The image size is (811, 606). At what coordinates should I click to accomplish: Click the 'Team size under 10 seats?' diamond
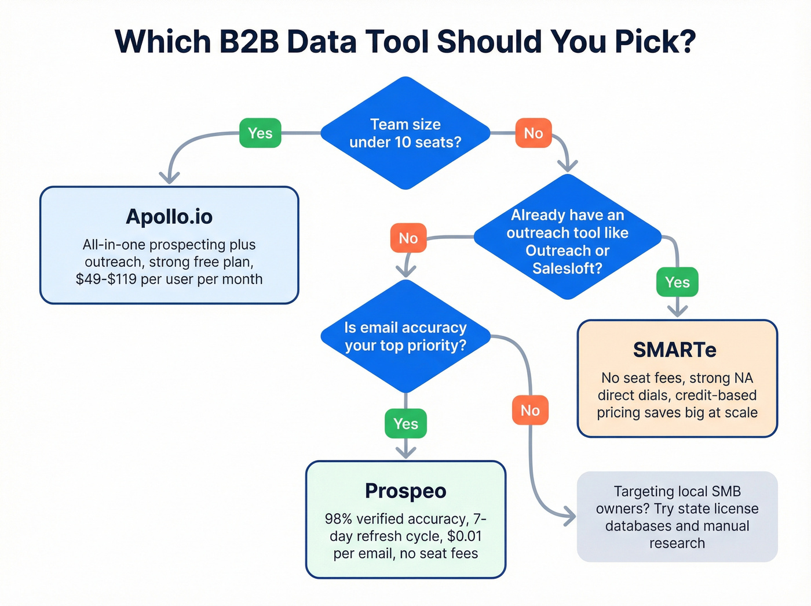pos(405,133)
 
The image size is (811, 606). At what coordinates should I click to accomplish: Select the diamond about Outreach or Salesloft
pos(567,238)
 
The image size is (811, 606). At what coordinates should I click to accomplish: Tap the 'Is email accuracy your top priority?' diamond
pos(405,336)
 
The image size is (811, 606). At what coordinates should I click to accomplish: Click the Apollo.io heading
pos(169,217)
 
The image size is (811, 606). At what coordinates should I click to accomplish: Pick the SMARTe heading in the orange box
pos(675,350)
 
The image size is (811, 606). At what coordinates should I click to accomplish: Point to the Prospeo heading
pos(405,491)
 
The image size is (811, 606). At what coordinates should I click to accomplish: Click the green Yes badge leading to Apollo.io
pos(260,133)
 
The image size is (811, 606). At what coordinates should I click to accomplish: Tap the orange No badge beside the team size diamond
pos(533,133)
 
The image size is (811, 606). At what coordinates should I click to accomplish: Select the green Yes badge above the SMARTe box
pos(677,282)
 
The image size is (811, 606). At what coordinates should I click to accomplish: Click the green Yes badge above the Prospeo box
pos(405,424)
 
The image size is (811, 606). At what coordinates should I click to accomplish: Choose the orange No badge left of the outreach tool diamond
pos(408,238)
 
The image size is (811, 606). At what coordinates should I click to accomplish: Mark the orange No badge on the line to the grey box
pos(530,411)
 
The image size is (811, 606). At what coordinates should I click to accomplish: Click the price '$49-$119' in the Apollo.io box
pos(107,280)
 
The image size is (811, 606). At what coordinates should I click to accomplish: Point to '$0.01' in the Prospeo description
pos(464,536)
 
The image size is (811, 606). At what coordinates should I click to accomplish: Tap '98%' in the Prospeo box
pos(338,519)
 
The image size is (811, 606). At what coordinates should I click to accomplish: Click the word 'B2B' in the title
pos(249,42)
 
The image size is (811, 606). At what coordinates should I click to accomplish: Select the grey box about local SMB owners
pos(677,517)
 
